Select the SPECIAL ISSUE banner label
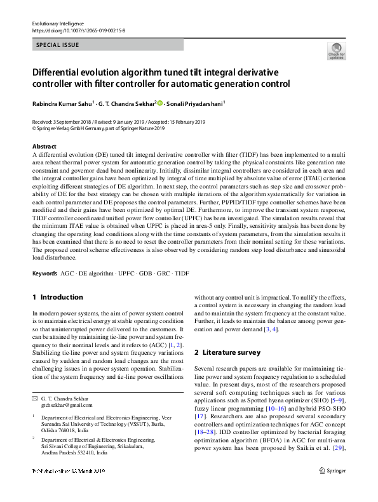58,45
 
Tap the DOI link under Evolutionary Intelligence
78,29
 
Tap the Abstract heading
43,146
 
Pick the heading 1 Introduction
57,297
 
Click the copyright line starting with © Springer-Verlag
98,128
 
